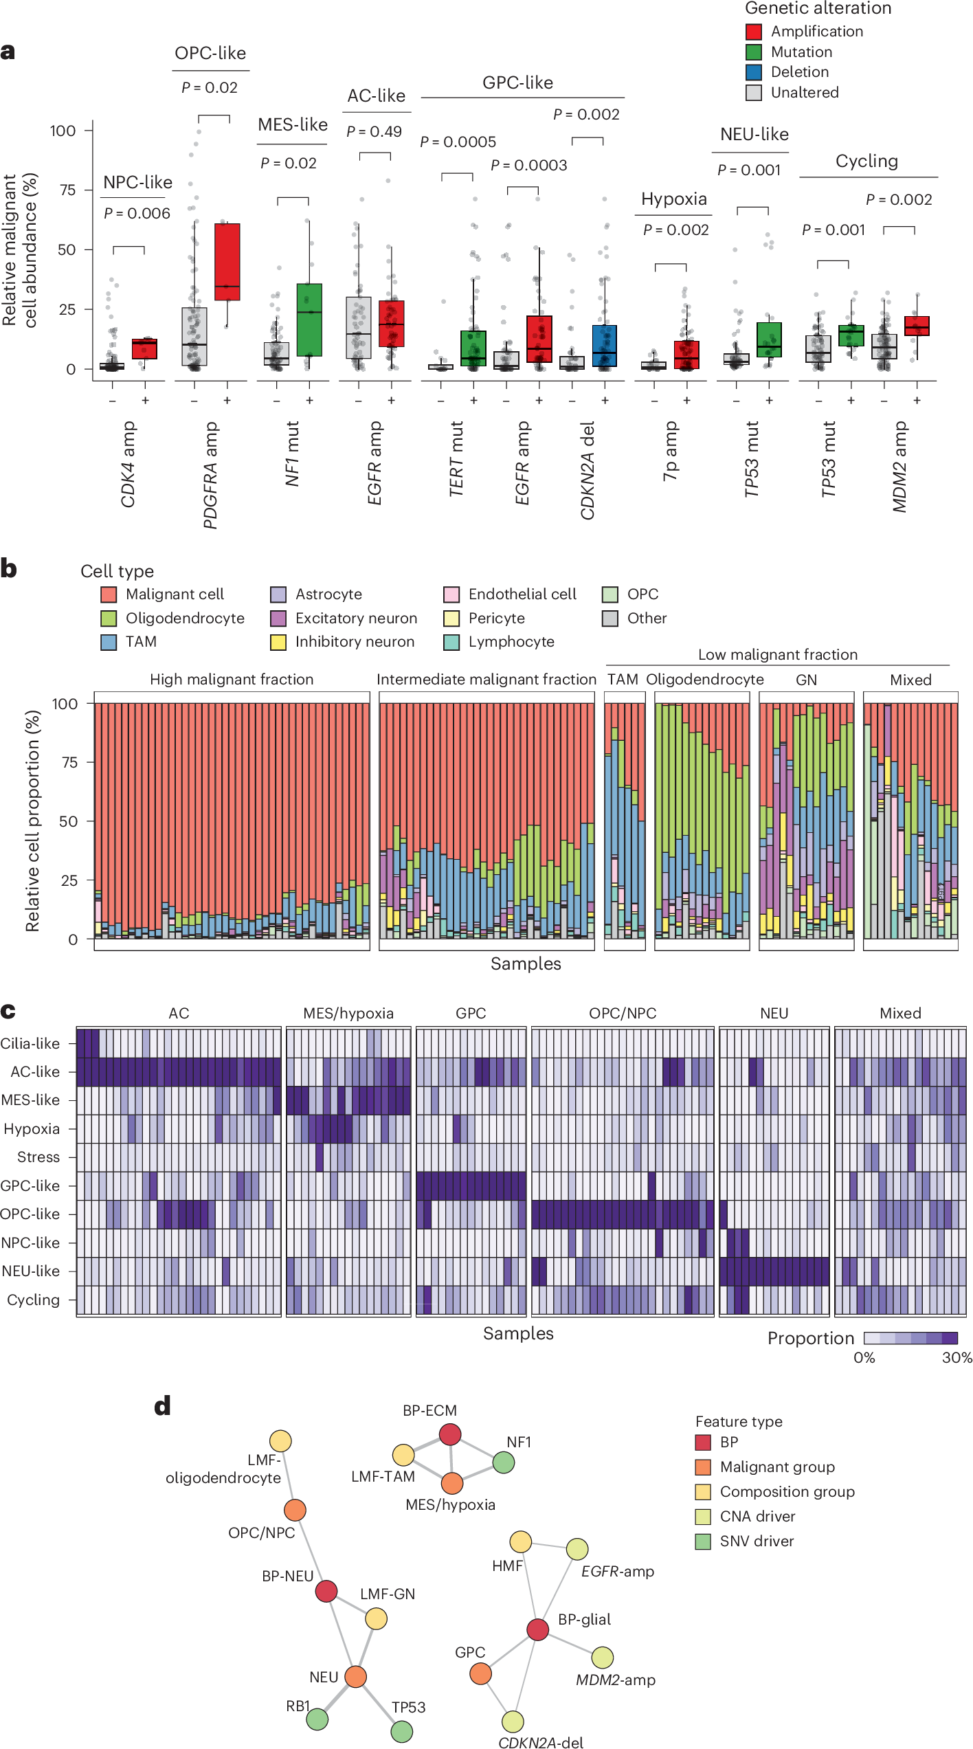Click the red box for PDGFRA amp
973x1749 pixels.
click(x=227, y=262)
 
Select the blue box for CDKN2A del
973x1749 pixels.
click(x=604, y=346)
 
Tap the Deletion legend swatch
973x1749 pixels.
click(x=753, y=72)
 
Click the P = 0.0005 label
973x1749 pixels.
click(x=458, y=142)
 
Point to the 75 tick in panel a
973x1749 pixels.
click(x=67, y=190)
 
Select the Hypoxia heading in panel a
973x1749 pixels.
click(x=673, y=199)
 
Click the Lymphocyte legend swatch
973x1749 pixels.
click(x=451, y=642)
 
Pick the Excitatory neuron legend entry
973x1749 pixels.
click(x=356, y=618)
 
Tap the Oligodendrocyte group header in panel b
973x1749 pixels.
click(x=704, y=680)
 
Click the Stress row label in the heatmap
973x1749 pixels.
click(x=38, y=1157)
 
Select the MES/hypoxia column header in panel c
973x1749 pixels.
click(x=348, y=1013)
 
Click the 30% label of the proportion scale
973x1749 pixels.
click(x=957, y=1357)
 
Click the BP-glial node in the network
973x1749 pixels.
click(x=537, y=1628)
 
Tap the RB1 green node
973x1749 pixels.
click(x=317, y=1719)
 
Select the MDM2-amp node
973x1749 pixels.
click(x=602, y=1657)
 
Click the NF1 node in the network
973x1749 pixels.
click(x=503, y=1462)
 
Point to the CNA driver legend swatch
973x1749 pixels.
click(x=703, y=1516)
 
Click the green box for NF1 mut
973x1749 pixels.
click(x=309, y=320)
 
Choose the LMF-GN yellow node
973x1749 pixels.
click(x=376, y=1618)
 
